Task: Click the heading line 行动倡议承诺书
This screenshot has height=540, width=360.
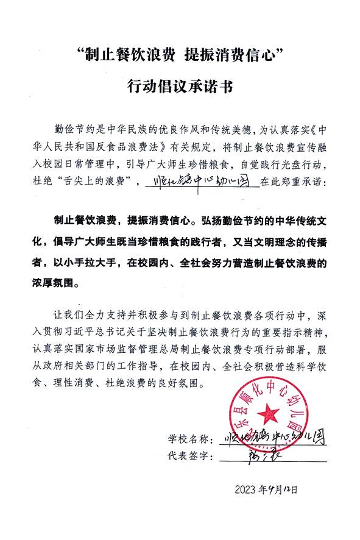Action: pos(179,87)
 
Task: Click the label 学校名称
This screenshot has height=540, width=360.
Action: pos(189,439)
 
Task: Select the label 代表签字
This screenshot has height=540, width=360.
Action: pos(189,456)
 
